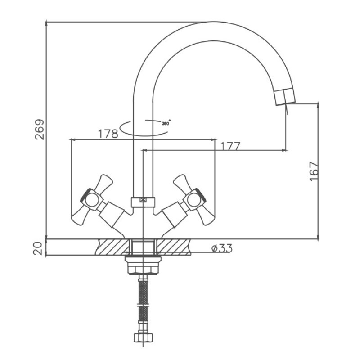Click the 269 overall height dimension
39,130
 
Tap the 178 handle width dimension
108,134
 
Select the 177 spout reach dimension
230,146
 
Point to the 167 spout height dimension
314,171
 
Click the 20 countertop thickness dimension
38,248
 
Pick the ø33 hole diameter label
222,248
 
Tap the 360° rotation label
166,123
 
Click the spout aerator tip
285,97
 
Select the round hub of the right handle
193,199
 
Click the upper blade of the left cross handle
104,183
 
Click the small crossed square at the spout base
143,200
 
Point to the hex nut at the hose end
143,337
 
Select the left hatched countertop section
112,247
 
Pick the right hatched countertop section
174,247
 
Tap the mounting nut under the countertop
143,265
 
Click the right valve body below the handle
175,215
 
